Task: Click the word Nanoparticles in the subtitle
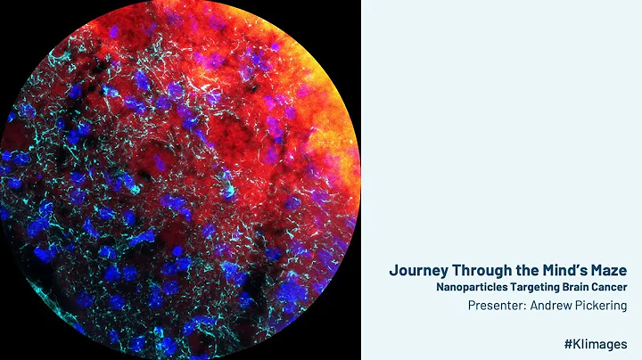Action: pos(471,287)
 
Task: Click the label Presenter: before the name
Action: pos(500,305)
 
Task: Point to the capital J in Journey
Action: pos(393,270)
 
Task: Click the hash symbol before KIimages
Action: pos(569,343)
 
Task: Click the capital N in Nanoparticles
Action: pos(440,287)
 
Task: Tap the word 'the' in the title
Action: pos(528,270)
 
